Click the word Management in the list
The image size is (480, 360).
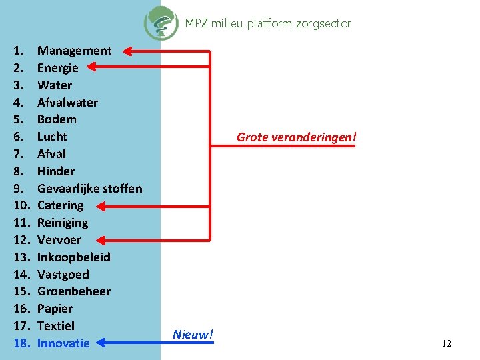(74, 51)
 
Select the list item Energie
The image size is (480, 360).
(57, 68)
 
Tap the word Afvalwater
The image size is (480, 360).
(67, 103)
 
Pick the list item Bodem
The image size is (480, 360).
(57, 119)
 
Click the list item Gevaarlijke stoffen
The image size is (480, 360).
(89, 189)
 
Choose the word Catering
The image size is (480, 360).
(60, 205)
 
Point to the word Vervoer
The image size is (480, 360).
(59, 240)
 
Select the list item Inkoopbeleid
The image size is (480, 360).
(73, 257)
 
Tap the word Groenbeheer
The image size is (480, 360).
(73, 291)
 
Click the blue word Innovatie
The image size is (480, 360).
(63, 343)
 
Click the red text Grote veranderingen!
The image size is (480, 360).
(297, 137)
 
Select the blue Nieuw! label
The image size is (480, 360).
(193, 334)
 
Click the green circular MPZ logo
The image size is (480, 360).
(161, 23)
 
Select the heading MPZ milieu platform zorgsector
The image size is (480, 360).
(268, 23)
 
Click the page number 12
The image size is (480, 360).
(447, 343)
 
